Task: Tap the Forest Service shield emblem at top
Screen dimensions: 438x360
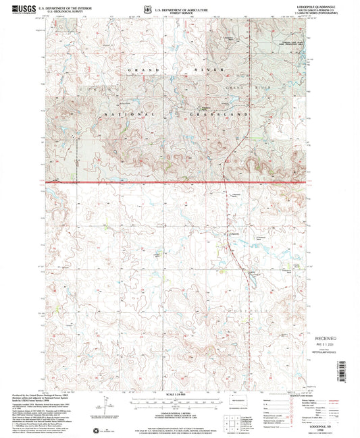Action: coord(174,9)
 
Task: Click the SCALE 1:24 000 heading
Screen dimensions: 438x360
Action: coord(179,393)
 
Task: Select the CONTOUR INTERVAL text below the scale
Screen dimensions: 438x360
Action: coord(179,411)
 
